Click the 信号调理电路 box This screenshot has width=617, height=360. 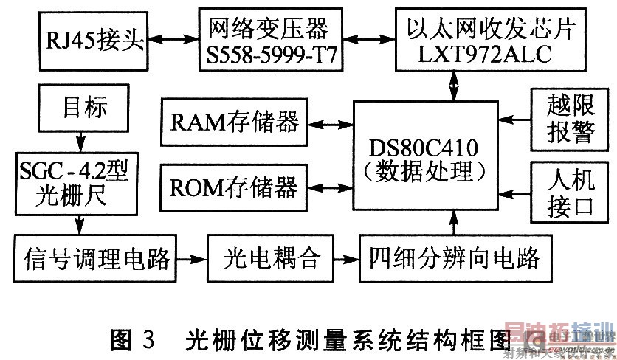(97, 259)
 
